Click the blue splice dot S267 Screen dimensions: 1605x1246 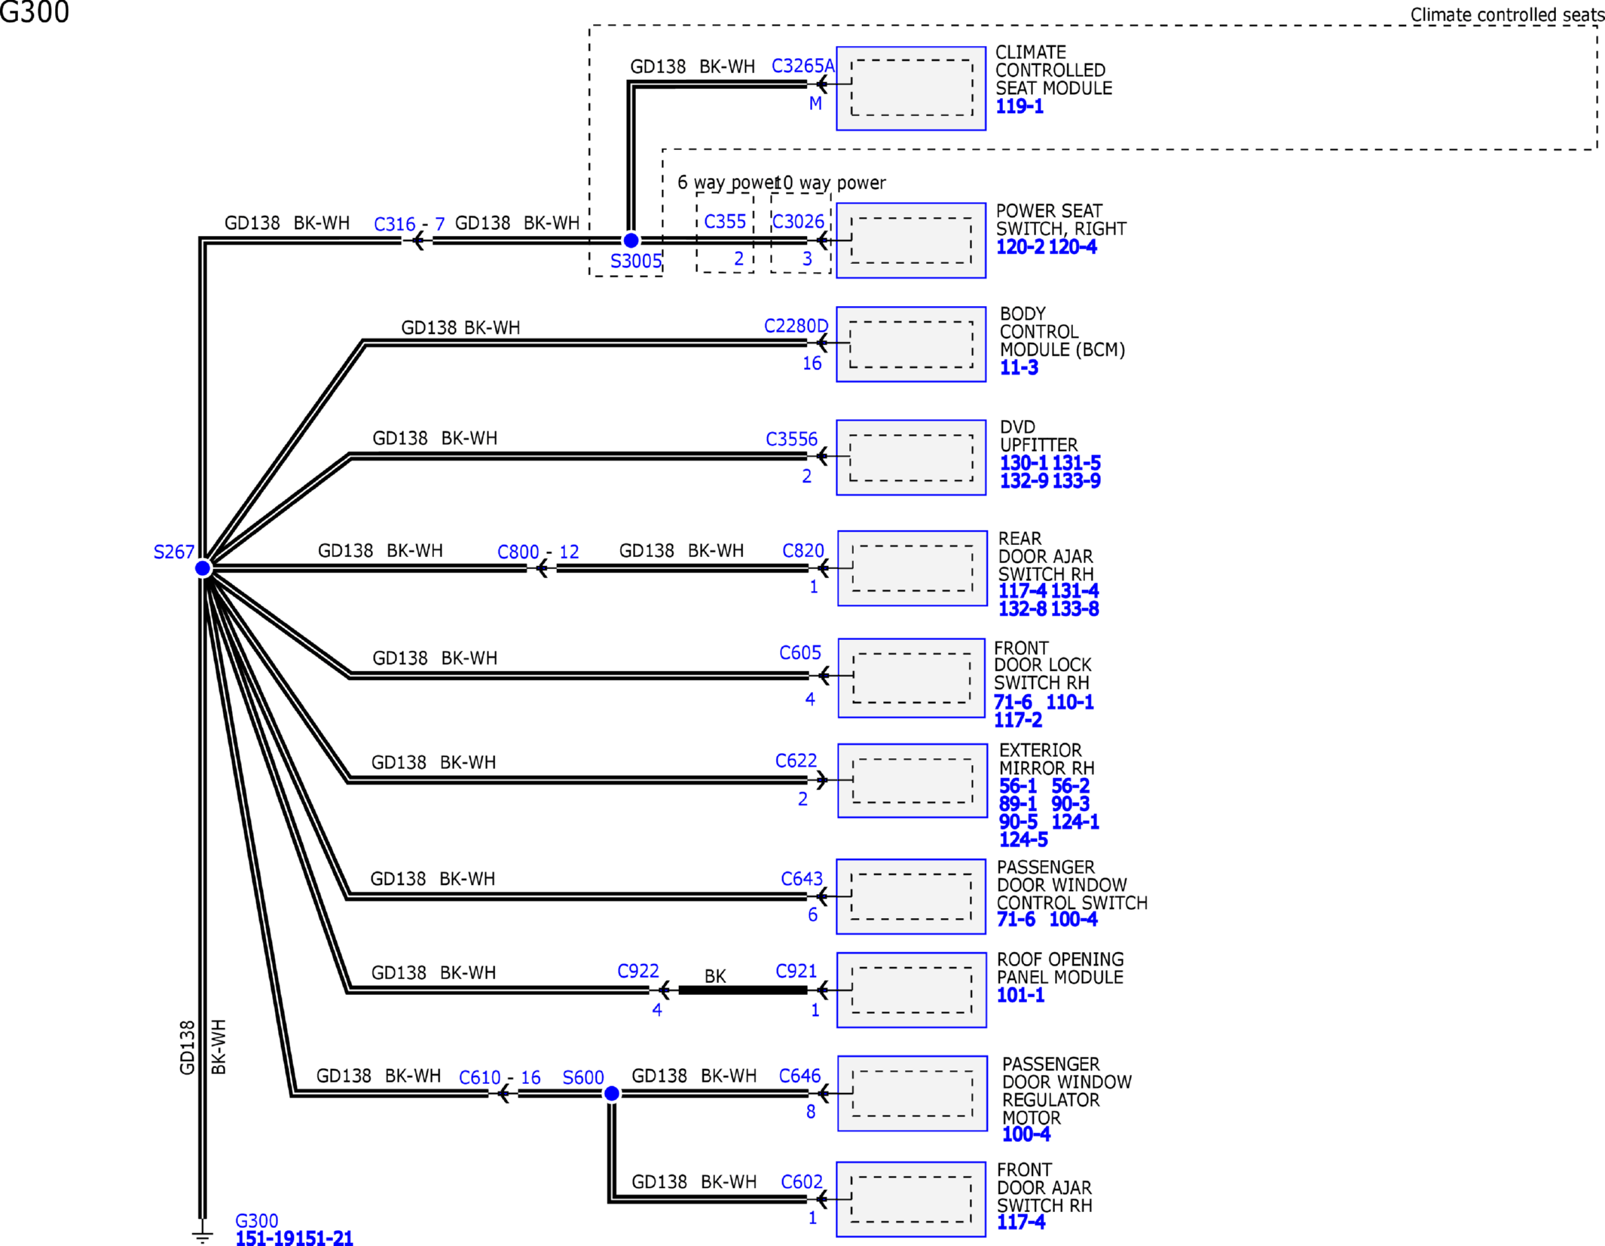pos(203,568)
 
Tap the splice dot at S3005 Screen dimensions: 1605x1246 pos(631,240)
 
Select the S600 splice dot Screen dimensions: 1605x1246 pos(612,1093)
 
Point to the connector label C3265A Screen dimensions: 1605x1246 pos(803,66)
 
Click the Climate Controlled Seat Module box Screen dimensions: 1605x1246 pos(911,88)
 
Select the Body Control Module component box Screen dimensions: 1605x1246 pos(911,344)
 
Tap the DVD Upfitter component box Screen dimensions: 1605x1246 pos(911,458)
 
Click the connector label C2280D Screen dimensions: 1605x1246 pos(796,326)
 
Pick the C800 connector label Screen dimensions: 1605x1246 pos(518,553)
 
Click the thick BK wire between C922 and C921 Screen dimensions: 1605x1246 pos(743,990)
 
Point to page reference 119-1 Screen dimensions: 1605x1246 pos(1020,107)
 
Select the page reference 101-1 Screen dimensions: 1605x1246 pos(1020,996)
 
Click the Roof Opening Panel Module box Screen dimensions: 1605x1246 pos(912,990)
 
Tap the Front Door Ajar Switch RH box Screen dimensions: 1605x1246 pos(911,1199)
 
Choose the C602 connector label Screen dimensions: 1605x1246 pos(802,1182)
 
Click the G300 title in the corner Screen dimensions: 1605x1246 pos(35,12)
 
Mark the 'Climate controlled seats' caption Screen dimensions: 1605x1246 pos(1507,15)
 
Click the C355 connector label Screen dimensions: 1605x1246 pos(725,222)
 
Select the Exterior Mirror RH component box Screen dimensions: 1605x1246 pos(913,780)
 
